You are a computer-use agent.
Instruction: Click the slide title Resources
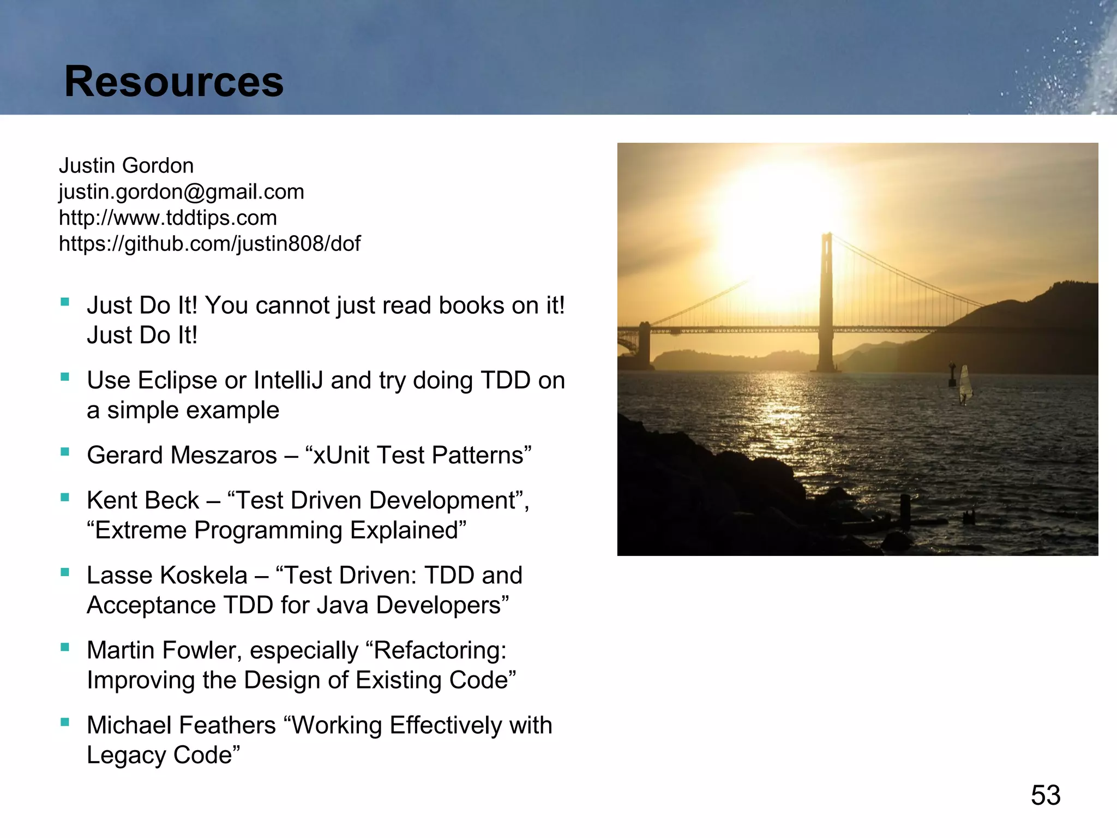coord(173,82)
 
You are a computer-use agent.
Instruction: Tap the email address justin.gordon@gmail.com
coord(181,192)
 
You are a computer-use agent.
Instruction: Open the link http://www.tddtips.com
coord(168,218)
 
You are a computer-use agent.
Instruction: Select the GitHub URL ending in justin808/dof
coord(209,244)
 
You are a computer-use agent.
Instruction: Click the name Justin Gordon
coord(126,166)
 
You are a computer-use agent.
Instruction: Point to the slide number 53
coord(1045,795)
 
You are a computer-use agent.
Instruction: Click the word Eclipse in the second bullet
coord(177,381)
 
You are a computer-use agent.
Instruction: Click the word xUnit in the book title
coord(341,456)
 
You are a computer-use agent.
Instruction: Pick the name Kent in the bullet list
coord(111,501)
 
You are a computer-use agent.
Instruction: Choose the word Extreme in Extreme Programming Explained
coord(141,531)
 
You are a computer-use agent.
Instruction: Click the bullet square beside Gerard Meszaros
coord(65,452)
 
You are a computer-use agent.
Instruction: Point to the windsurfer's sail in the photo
coord(965,383)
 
